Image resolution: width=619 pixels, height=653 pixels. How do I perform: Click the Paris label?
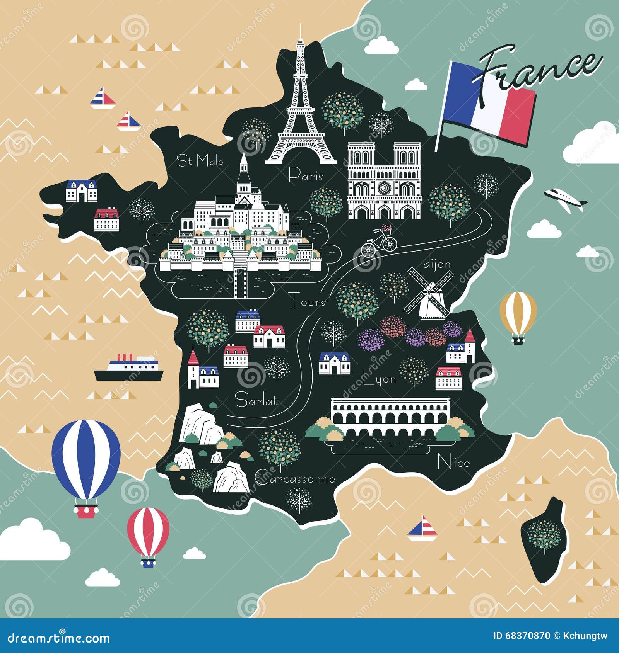click(306, 175)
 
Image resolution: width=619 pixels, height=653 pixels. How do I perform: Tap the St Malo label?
click(200, 160)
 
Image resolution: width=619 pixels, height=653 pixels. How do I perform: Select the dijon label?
click(437, 264)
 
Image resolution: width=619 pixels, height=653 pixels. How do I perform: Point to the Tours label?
click(308, 301)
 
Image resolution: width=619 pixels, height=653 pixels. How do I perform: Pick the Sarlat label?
click(256, 400)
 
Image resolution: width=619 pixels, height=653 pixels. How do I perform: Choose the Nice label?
click(453, 463)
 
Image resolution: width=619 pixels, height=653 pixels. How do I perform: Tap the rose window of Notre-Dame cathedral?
click(385, 189)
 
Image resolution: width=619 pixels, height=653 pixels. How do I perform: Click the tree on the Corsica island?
click(544, 535)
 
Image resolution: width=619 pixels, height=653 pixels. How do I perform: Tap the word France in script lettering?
click(538, 70)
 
